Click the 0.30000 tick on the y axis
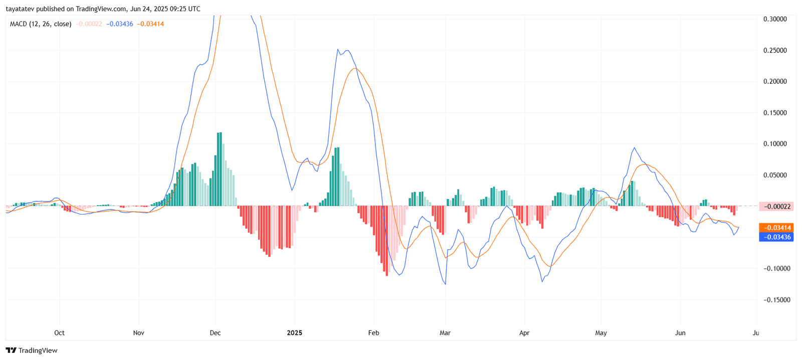[x=775, y=19]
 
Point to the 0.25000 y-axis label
[x=775, y=51]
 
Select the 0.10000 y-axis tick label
[x=775, y=144]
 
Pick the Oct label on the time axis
[x=59, y=333]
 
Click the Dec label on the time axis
[x=215, y=333]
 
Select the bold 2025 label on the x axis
[x=294, y=333]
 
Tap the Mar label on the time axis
[x=445, y=333]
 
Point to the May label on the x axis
[x=601, y=333]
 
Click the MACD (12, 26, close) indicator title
[x=41, y=24]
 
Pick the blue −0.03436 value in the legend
[x=120, y=24]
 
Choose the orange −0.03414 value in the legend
[x=150, y=24]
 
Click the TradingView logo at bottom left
[x=32, y=350]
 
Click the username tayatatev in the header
[x=20, y=9]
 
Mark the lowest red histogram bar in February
[x=387, y=241]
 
